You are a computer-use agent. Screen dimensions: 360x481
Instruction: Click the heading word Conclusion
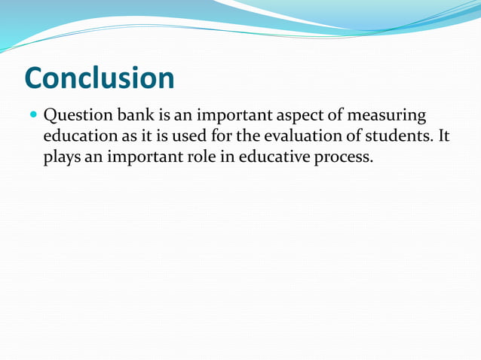pyautogui.click(x=99, y=78)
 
